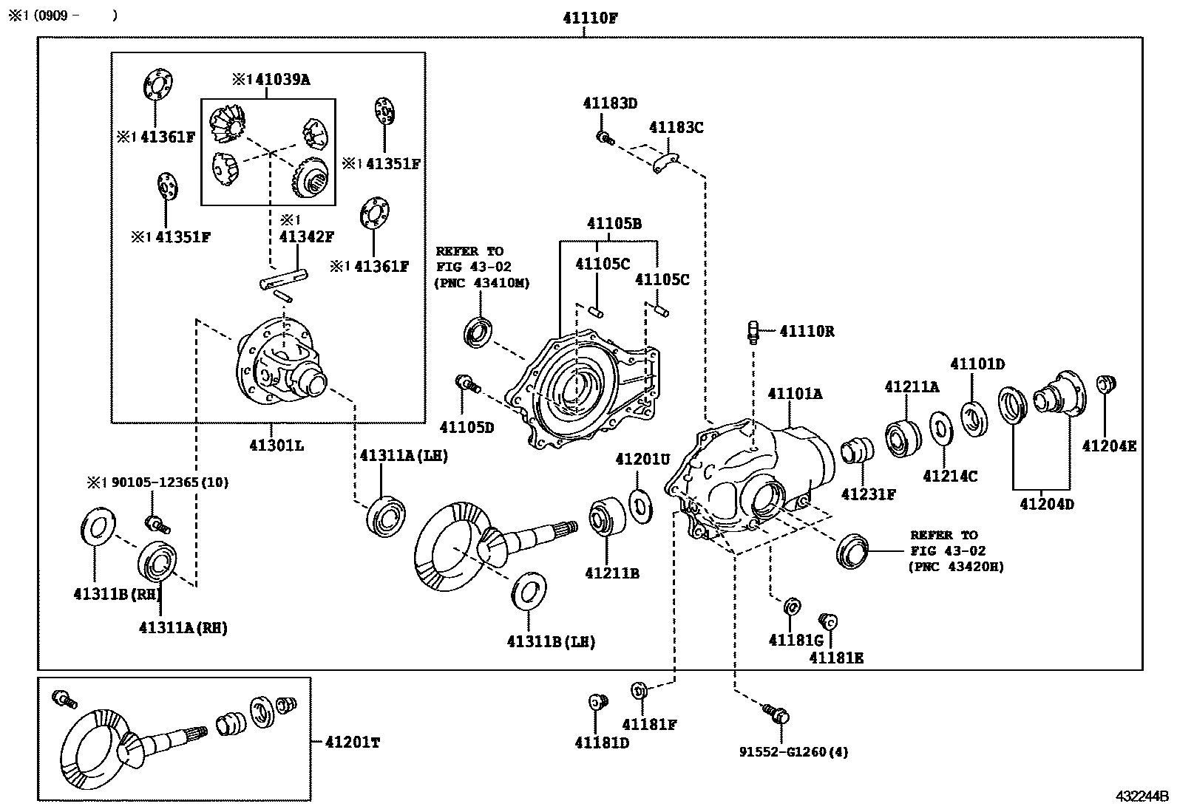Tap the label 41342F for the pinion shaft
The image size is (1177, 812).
[x=306, y=236]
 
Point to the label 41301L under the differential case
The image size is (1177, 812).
[x=276, y=446]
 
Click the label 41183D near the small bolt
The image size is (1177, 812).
[x=609, y=103]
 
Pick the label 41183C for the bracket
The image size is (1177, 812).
[x=676, y=127]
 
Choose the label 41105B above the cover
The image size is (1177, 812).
[x=614, y=223]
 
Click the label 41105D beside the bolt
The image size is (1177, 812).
[x=467, y=426]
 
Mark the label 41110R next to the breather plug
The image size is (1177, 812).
[x=807, y=332]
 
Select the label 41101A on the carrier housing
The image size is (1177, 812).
[x=795, y=394]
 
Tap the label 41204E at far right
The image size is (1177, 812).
[x=1109, y=446]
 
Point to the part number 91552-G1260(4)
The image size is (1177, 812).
[x=793, y=752]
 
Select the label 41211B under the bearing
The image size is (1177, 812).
[x=611, y=573]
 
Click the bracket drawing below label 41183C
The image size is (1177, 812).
[x=666, y=164]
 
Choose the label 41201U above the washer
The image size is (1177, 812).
[x=642, y=460]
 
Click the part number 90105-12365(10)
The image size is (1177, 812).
[x=169, y=482]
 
